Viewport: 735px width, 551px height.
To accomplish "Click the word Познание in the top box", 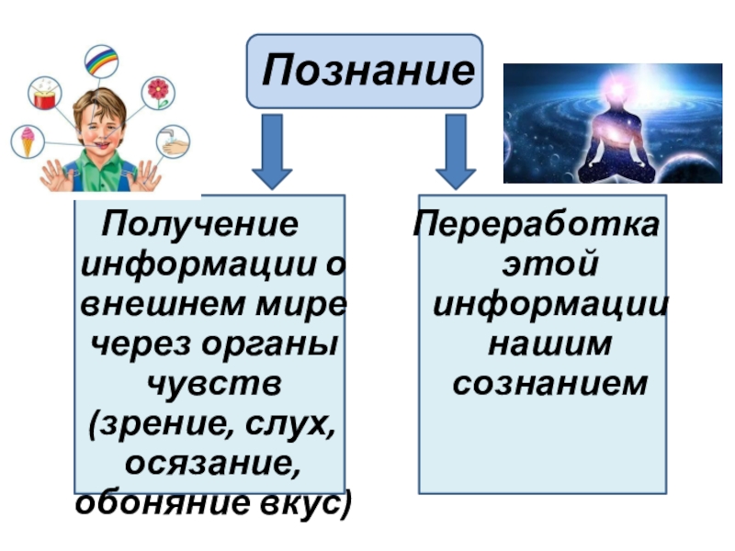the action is (x=365, y=71).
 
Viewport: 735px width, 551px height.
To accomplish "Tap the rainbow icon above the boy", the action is (x=101, y=61).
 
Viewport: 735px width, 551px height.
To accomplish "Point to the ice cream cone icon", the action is (x=27, y=141).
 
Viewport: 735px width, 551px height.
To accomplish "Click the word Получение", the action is (x=200, y=223).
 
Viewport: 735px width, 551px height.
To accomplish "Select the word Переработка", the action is (x=537, y=223).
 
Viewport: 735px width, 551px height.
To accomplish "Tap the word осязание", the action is (x=211, y=463).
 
